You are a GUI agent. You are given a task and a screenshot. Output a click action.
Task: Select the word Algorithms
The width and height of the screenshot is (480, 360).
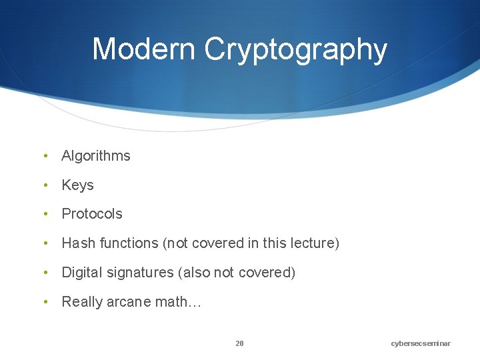96,156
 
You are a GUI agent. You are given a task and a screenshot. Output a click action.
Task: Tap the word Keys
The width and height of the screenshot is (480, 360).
77,185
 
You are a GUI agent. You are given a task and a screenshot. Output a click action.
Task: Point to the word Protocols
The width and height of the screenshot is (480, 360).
92,214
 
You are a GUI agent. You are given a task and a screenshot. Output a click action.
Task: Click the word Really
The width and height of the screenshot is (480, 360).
81,302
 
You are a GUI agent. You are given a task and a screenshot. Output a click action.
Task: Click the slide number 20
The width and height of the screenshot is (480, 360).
239,343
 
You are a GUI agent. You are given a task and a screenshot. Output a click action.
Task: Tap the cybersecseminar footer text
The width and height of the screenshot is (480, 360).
421,343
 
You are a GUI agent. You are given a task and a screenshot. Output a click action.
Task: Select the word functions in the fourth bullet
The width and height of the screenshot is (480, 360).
129,243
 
